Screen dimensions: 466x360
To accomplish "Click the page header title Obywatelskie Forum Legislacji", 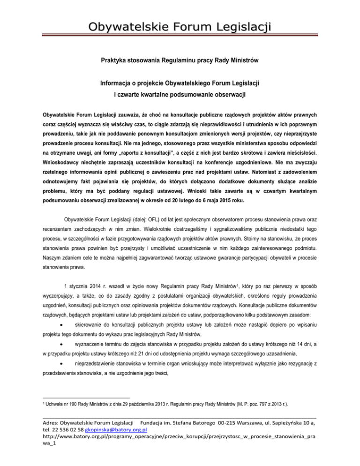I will point(180,24).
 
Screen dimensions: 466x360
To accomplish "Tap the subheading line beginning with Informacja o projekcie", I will point(180,83).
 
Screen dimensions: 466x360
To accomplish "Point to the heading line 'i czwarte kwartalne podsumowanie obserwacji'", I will point(180,95).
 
